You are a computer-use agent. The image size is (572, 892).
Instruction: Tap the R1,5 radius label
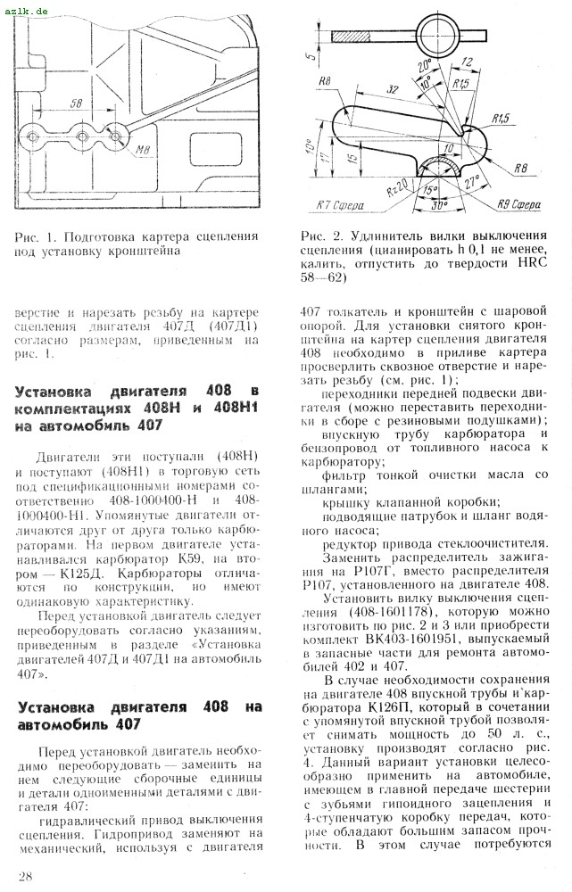(x=501, y=117)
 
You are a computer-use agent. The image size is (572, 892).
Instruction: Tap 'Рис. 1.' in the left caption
(x=36, y=237)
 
